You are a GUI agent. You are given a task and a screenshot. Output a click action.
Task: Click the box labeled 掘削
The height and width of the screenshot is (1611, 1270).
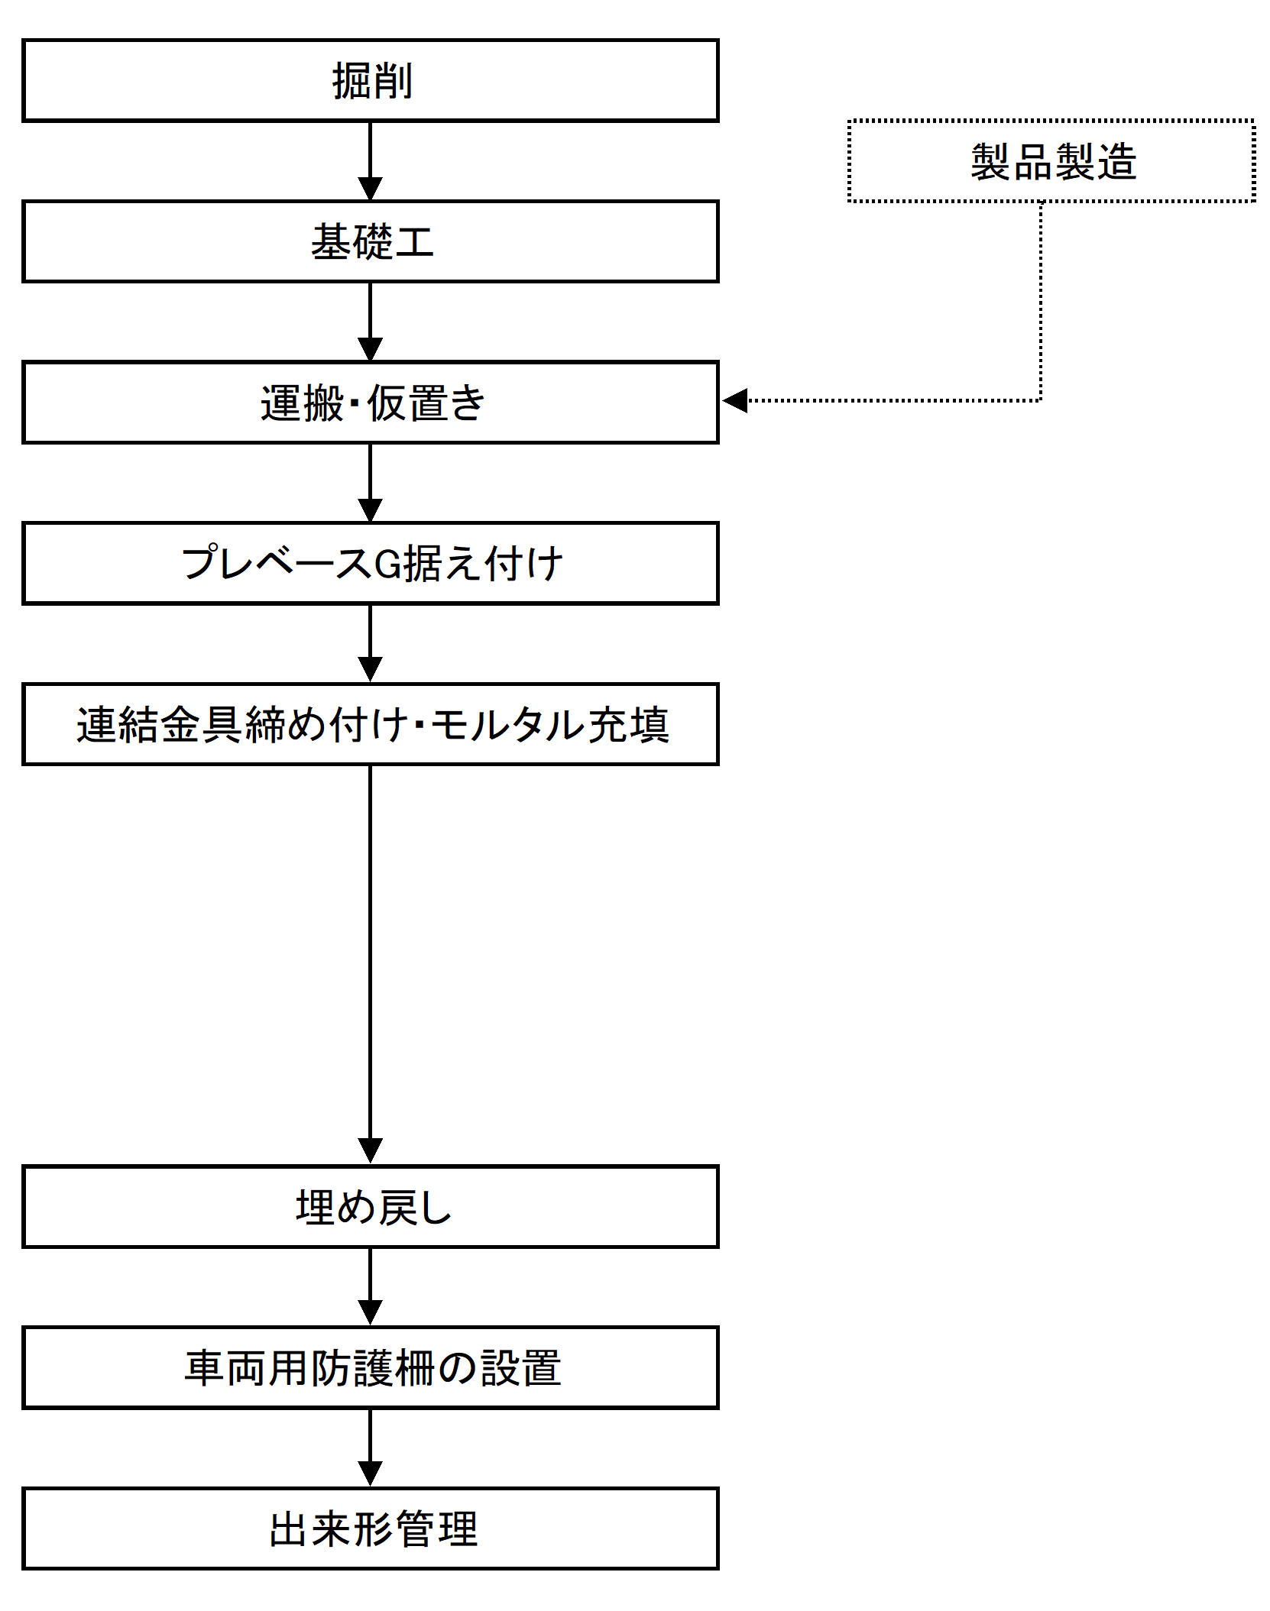pyautogui.click(x=371, y=80)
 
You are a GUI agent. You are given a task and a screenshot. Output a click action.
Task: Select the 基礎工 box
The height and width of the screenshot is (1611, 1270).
pyautogui.click(x=371, y=241)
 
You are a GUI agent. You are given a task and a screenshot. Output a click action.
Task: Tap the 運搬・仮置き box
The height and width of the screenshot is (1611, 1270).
pyautogui.click(x=371, y=403)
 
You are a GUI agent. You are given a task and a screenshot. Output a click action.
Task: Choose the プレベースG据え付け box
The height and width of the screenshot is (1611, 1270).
pyautogui.click(x=371, y=564)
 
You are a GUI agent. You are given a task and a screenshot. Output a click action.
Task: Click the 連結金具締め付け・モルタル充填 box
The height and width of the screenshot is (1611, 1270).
pyautogui.click(x=371, y=724)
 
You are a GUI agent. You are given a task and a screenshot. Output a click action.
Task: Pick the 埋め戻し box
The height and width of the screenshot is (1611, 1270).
pyautogui.click(x=371, y=1207)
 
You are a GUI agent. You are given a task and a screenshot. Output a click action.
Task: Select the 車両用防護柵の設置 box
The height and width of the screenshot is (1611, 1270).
pyautogui.click(x=371, y=1367)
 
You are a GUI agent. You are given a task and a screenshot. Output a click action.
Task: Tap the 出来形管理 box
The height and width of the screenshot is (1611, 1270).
pyautogui.click(x=371, y=1529)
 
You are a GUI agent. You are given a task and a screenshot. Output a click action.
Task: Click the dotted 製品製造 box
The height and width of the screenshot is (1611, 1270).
pyautogui.click(x=1051, y=161)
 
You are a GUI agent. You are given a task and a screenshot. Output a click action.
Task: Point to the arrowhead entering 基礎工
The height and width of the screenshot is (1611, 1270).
pyautogui.click(x=371, y=189)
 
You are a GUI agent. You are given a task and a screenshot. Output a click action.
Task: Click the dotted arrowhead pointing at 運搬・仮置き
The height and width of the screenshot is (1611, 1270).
pyautogui.click(x=735, y=400)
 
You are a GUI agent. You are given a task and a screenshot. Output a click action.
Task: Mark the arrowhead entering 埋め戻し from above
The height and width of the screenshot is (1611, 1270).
pyautogui.click(x=371, y=1153)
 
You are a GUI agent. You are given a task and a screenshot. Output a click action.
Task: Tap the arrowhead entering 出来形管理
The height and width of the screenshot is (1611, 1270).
pyautogui.click(x=371, y=1475)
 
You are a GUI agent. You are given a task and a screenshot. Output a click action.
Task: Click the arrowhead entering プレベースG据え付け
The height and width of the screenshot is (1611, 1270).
pyautogui.click(x=371, y=511)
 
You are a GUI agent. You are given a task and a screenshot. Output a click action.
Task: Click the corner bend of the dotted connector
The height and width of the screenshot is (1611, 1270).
pyautogui.click(x=1041, y=400)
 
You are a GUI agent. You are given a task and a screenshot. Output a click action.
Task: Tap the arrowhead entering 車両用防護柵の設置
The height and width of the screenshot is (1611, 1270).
pyautogui.click(x=371, y=1314)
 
